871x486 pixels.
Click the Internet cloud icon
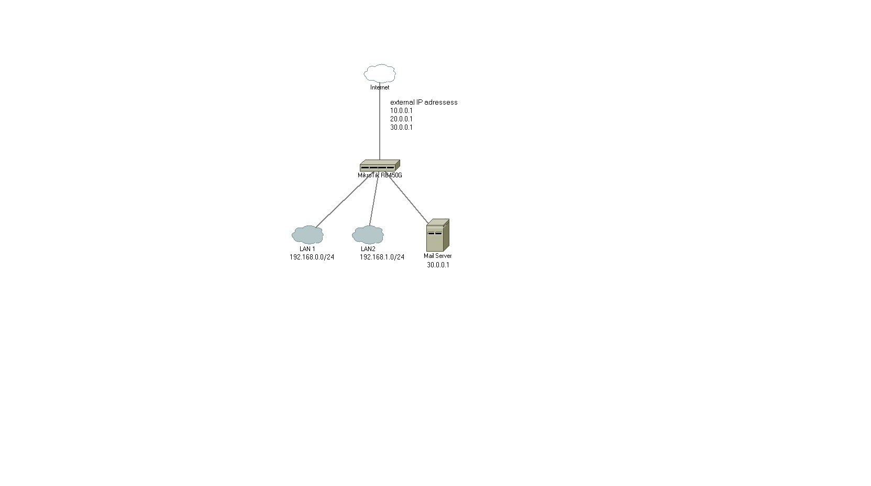tap(380, 73)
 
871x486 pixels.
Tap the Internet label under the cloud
tap(380, 87)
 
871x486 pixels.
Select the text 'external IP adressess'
tap(424, 102)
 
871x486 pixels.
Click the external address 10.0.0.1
tap(401, 110)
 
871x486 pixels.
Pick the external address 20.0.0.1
tap(401, 119)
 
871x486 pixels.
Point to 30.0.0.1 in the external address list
tap(401, 127)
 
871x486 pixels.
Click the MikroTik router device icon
tap(380, 165)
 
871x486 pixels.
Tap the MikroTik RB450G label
tap(380, 175)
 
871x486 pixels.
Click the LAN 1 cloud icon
tap(307, 235)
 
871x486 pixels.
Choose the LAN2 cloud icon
tap(368, 235)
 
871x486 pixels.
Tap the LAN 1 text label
tap(307, 249)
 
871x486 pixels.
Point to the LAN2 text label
tap(368, 249)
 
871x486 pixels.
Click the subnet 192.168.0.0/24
tap(312, 257)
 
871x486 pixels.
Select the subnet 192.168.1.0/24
tap(382, 257)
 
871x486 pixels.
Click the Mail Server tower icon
tap(437, 235)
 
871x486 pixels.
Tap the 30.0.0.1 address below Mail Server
tap(438, 265)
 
